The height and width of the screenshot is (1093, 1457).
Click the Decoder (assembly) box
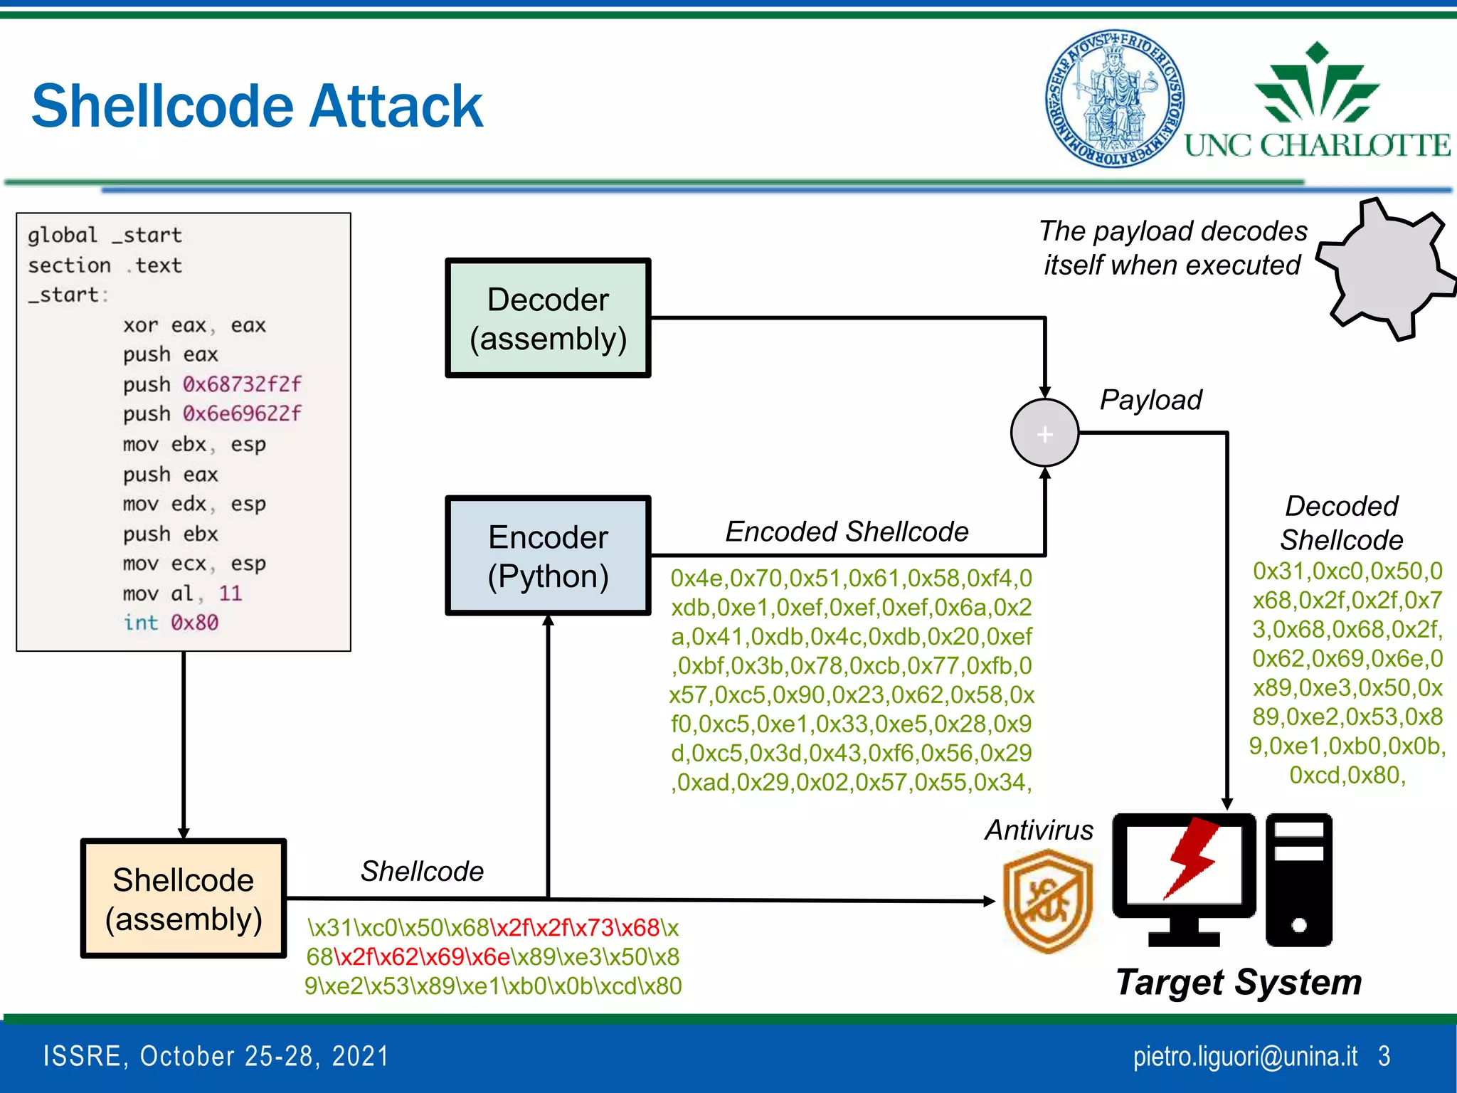(x=548, y=318)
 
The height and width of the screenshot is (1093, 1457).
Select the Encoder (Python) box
(x=548, y=556)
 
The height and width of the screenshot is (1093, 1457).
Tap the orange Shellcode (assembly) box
(x=184, y=899)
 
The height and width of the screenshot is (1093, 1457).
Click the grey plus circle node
(x=1044, y=433)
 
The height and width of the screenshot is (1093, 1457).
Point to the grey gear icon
(x=1384, y=270)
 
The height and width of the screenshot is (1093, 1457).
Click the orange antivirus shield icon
(x=1047, y=902)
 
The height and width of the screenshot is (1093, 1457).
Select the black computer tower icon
(x=1298, y=880)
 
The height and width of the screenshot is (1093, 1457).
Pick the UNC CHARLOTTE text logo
(x=1317, y=145)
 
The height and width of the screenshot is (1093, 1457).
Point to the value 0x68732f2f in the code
(x=242, y=384)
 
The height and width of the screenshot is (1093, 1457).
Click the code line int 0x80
(x=171, y=623)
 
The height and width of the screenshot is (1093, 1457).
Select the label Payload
(x=1150, y=400)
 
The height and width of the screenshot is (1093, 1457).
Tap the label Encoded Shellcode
(x=847, y=532)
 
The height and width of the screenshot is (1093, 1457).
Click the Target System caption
(x=1238, y=983)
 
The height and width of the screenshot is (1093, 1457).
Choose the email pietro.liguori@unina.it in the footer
(x=1245, y=1056)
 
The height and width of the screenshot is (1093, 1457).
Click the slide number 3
(x=1384, y=1056)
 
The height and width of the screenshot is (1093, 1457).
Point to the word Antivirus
(x=1039, y=830)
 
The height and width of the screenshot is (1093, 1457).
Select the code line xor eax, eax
(x=194, y=325)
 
